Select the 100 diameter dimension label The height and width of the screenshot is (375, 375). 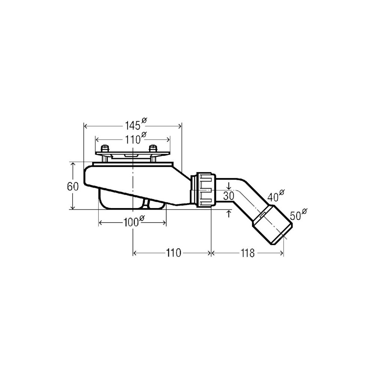tap(134, 222)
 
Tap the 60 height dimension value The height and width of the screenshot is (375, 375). tap(73, 186)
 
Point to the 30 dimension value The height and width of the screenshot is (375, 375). tap(229, 196)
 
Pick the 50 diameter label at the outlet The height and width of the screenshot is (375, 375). tap(298, 214)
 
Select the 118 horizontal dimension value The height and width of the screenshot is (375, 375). tap(247, 253)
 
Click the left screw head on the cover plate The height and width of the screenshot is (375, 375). tap(105, 148)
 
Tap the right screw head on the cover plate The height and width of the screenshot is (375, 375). tap(153, 148)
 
